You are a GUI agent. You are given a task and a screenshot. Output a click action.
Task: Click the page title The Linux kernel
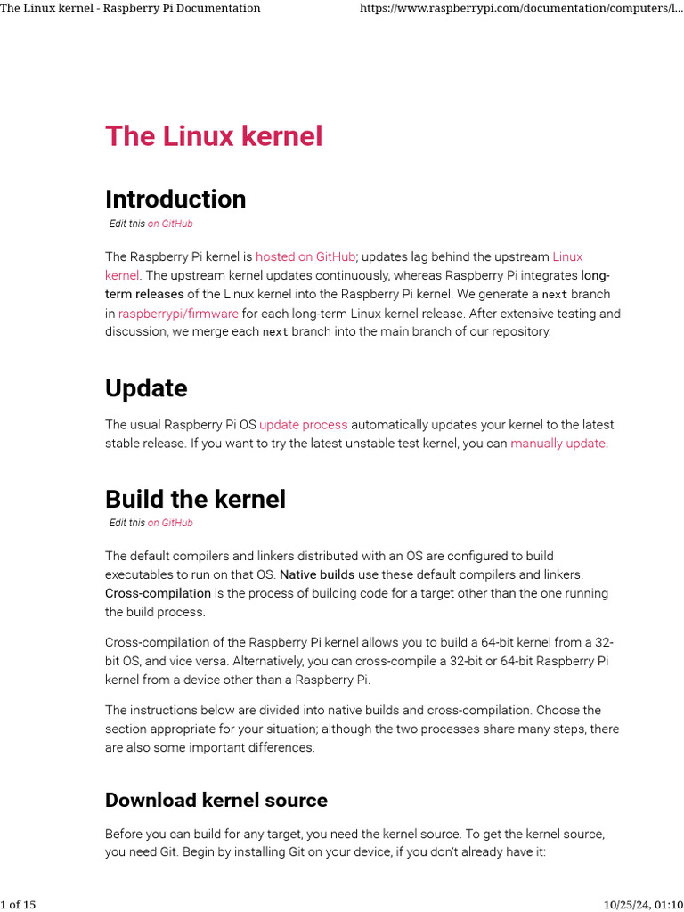coord(214,136)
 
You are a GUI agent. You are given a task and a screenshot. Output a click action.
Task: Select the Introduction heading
coord(175,199)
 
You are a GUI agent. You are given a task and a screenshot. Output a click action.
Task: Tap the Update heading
coord(146,388)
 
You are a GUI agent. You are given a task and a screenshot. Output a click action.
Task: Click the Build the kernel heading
coord(195,499)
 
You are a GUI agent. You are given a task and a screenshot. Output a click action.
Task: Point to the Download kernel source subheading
coord(216,800)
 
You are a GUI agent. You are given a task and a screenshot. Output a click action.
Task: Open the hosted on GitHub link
coord(305,256)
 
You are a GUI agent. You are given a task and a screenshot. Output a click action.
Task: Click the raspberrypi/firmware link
coord(178,313)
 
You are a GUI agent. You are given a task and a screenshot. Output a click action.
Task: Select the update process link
coord(303,425)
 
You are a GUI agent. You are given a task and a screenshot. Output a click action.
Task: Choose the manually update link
coord(558,444)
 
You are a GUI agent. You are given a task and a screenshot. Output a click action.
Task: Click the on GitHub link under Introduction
coord(170,224)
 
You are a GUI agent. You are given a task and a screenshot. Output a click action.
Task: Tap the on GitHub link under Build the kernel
coord(170,523)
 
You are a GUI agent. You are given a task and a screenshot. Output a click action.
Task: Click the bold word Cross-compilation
coord(158,593)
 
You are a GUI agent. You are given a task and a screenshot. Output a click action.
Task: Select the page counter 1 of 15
coord(18,905)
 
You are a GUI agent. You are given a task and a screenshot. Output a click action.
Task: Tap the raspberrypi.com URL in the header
coord(521,8)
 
